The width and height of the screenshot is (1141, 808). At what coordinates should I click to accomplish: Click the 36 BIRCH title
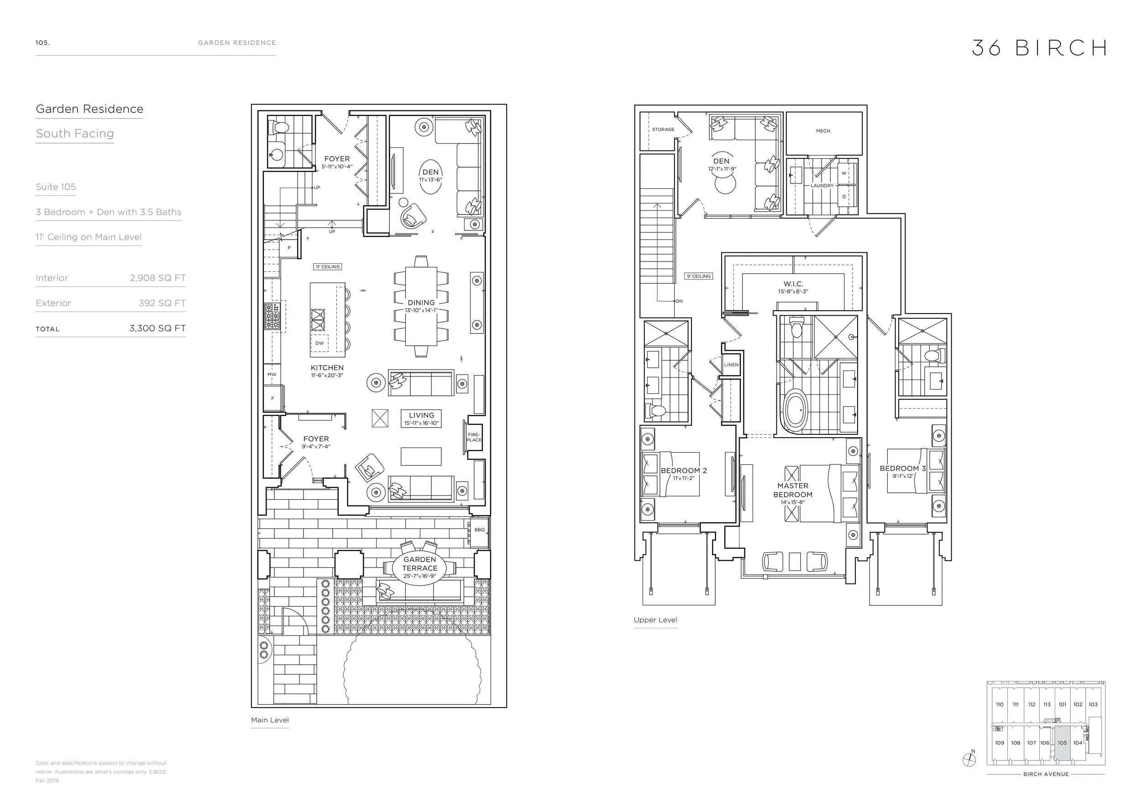(1038, 48)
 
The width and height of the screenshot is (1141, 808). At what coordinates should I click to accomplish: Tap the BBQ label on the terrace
(479, 530)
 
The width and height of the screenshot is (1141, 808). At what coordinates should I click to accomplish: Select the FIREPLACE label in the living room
(474, 438)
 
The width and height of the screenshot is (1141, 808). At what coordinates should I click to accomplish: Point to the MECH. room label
(823, 131)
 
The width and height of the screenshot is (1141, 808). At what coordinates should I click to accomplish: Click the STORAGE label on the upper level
(663, 130)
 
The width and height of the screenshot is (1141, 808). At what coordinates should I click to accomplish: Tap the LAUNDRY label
(822, 186)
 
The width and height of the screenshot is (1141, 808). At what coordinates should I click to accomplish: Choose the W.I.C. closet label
(793, 284)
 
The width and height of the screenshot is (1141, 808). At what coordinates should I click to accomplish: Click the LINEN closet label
(732, 365)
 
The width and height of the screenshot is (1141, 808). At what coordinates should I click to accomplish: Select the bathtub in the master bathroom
(796, 411)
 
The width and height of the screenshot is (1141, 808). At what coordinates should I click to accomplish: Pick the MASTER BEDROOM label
(793, 490)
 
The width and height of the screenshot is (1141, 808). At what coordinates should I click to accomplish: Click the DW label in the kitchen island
(319, 343)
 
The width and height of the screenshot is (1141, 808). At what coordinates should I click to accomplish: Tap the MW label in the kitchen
(272, 375)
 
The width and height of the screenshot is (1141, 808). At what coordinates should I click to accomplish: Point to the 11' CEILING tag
(327, 267)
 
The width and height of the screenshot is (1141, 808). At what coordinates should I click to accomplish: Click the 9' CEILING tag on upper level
(699, 276)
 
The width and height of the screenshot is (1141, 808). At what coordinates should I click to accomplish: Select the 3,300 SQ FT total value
(157, 328)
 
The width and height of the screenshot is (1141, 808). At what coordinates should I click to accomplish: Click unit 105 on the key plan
(1062, 743)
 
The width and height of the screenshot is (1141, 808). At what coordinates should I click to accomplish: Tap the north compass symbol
(968, 759)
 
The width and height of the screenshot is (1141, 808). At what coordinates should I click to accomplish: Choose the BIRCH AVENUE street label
(1046, 774)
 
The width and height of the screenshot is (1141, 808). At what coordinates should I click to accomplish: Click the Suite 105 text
(56, 187)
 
